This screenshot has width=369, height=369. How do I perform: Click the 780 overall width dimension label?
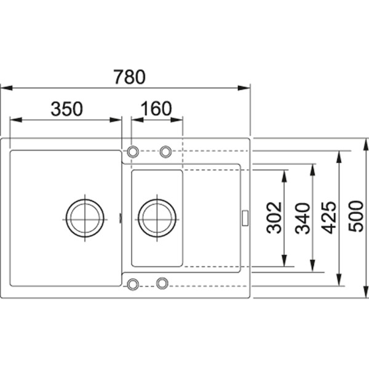(x=129, y=77)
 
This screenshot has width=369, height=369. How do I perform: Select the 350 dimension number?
(x=67, y=109)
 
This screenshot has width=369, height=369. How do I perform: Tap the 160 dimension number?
(x=156, y=108)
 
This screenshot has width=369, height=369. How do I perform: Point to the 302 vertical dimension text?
(x=274, y=218)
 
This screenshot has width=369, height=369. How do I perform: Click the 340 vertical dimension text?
(x=303, y=218)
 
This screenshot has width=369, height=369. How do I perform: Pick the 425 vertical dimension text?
(x=329, y=218)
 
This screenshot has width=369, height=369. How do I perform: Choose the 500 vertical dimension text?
(x=356, y=216)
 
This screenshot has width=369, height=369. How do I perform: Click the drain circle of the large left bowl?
(x=85, y=218)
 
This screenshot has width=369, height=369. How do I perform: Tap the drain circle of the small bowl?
(x=157, y=218)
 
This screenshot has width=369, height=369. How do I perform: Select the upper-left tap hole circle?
(x=133, y=152)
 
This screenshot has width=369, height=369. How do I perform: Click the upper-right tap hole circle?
(x=165, y=152)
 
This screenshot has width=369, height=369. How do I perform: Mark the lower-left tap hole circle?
(x=133, y=284)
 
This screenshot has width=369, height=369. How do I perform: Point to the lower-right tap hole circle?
(x=162, y=283)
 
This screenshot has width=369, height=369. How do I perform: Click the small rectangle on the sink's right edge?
(x=245, y=218)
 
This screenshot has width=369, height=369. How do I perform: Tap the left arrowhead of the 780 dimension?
(x=6, y=88)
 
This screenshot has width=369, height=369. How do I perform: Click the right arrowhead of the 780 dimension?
(x=244, y=88)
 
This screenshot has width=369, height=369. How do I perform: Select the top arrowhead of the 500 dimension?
(x=366, y=145)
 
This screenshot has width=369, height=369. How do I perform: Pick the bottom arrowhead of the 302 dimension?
(x=284, y=261)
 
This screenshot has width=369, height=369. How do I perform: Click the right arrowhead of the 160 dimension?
(x=177, y=120)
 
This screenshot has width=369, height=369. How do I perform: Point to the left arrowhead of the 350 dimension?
(x=16, y=120)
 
